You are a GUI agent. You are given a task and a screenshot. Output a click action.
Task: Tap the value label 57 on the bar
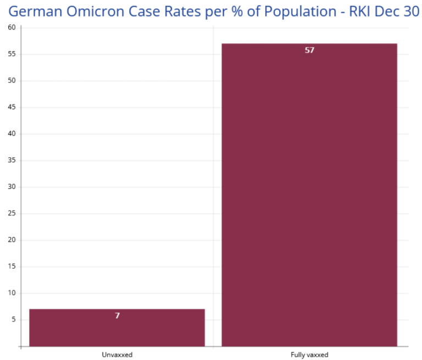(309, 51)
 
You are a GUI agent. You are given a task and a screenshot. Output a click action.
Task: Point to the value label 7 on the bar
(117, 316)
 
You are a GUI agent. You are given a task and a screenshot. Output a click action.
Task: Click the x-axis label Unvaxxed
(117, 355)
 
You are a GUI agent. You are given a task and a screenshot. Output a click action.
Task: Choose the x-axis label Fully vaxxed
(309, 355)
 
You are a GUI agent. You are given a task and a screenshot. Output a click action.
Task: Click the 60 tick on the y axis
(12, 27)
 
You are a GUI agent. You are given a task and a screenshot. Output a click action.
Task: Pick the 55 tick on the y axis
(12, 54)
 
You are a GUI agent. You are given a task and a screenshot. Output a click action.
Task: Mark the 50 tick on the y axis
(12, 81)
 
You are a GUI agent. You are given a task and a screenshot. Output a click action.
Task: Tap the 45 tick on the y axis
(12, 107)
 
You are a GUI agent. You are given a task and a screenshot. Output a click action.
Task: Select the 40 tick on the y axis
(12, 134)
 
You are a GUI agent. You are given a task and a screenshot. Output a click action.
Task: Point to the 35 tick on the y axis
(12, 160)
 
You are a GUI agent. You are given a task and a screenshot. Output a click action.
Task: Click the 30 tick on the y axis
(12, 187)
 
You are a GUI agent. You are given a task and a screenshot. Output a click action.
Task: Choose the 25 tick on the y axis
(12, 213)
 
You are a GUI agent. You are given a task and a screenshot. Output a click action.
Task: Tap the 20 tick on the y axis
(12, 240)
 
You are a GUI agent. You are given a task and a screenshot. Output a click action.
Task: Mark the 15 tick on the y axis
(12, 267)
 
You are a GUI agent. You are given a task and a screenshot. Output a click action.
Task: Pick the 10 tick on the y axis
(12, 293)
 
